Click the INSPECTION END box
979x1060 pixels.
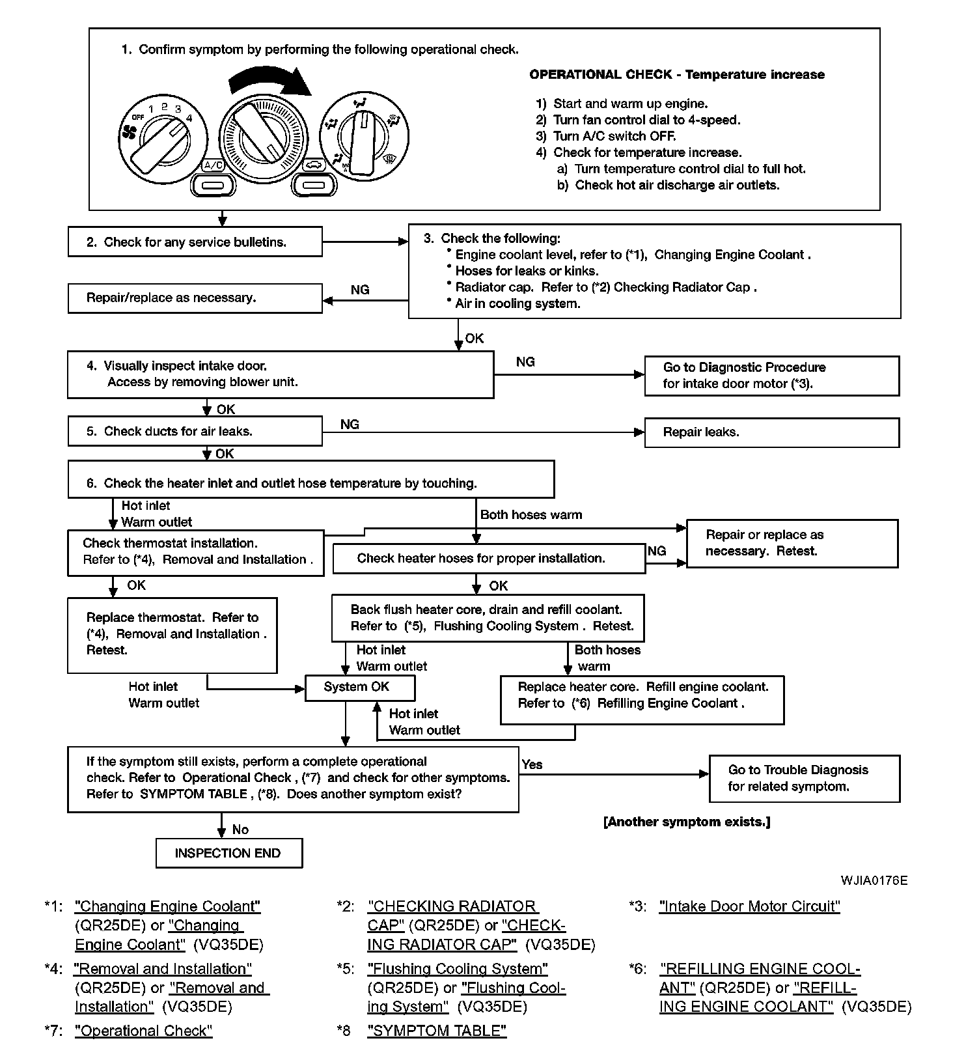click(228, 853)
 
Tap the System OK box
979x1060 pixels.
click(359, 687)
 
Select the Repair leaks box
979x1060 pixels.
click(771, 432)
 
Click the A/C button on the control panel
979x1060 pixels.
click(213, 186)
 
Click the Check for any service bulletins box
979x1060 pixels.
click(195, 242)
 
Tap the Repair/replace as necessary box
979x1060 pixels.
click(195, 298)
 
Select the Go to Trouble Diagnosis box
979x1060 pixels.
click(804, 778)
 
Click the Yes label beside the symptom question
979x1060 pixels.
click(532, 764)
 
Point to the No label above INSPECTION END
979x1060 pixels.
click(240, 830)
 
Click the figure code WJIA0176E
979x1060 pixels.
click(874, 880)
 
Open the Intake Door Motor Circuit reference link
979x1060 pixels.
click(749, 906)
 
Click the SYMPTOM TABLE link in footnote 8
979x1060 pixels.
click(437, 1031)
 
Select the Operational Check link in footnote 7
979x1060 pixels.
click(144, 1031)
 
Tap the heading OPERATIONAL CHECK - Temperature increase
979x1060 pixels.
click(676, 75)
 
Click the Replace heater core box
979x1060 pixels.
click(642, 700)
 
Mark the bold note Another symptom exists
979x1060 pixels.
click(687, 822)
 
